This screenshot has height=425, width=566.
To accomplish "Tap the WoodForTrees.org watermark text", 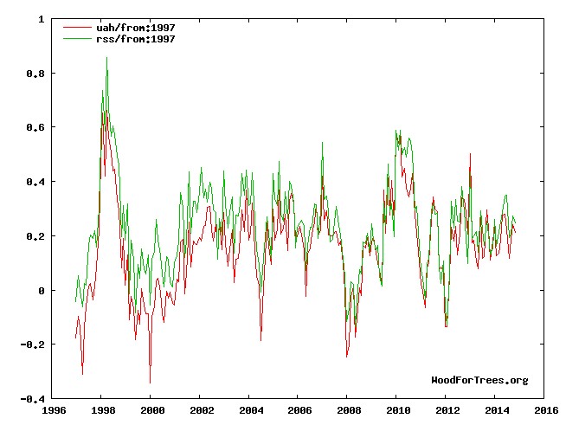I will coord(479,380).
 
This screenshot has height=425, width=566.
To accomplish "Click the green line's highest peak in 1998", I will coord(106,58).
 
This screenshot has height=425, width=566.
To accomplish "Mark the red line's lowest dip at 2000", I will coord(150,382).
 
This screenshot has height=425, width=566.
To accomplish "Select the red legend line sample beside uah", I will coord(78,28).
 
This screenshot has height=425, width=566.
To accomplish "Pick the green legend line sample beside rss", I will coord(78,39).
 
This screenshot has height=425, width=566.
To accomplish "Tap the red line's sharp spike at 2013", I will coord(470,154).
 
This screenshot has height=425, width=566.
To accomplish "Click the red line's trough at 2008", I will coord(347,356).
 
